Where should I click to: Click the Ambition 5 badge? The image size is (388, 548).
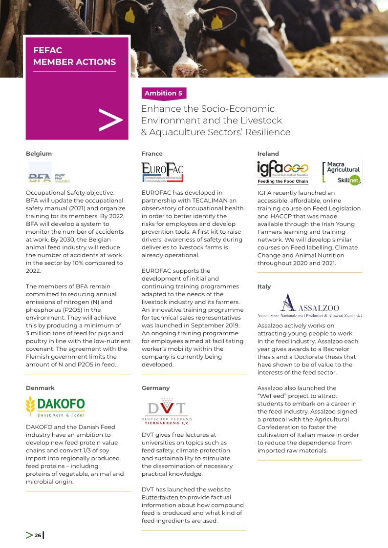coord(163,93)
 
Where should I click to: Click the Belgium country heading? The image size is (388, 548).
coord(39,154)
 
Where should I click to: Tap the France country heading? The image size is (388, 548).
coord(152,154)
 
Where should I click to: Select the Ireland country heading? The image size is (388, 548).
coord(268,154)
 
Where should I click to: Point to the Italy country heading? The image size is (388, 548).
coord(264,286)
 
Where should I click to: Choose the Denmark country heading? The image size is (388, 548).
coord(40,387)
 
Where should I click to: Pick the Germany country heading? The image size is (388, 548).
coord(155,387)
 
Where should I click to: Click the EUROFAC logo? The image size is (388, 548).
coord(162,171)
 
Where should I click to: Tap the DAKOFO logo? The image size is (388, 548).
coord(55,406)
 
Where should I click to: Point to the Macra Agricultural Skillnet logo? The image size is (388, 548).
coord(342,173)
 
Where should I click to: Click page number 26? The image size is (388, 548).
coord(38,535)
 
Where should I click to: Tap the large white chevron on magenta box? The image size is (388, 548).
coord(110,120)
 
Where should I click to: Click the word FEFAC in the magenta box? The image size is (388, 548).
coord(47,50)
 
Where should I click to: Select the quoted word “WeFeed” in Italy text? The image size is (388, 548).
coord(274,396)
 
